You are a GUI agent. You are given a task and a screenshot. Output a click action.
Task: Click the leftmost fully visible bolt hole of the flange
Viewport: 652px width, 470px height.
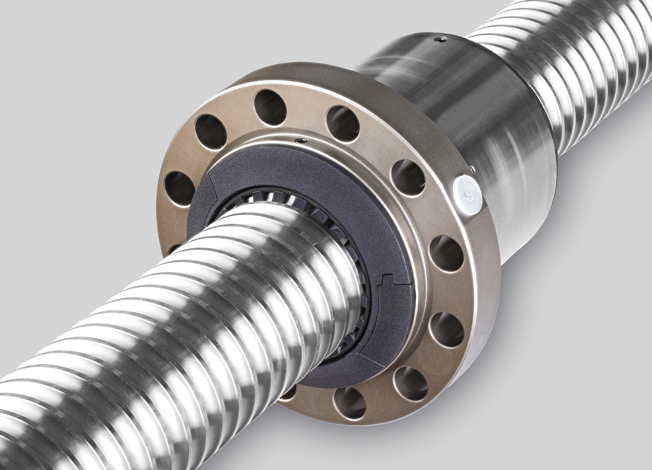[x=180, y=186]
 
